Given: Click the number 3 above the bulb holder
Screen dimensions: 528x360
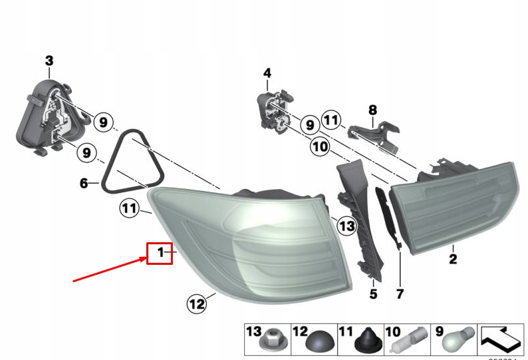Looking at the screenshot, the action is (x=49, y=61).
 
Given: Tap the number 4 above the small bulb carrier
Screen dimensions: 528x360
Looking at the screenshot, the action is (x=267, y=73).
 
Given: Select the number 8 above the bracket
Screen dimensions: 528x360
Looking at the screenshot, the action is (x=372, y=109).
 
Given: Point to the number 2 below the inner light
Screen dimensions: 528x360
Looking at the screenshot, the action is (x=453, y=260).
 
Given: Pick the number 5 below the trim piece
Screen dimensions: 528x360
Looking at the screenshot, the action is (x=373, y=293).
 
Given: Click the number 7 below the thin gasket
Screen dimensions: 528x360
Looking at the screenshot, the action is (x=400, y=293).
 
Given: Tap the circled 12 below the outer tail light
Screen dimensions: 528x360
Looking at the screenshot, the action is (x=196, y=305).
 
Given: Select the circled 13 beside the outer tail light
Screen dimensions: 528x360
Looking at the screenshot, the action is (x=347, y=226).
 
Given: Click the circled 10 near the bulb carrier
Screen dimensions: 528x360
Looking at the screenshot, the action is (x=319, y=146).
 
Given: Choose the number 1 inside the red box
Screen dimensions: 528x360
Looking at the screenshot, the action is (x=160, y=252).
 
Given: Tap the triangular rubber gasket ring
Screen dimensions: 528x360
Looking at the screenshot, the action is (x=131, y=163).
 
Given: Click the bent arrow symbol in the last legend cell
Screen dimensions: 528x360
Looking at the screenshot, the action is (x=501, y=339).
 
